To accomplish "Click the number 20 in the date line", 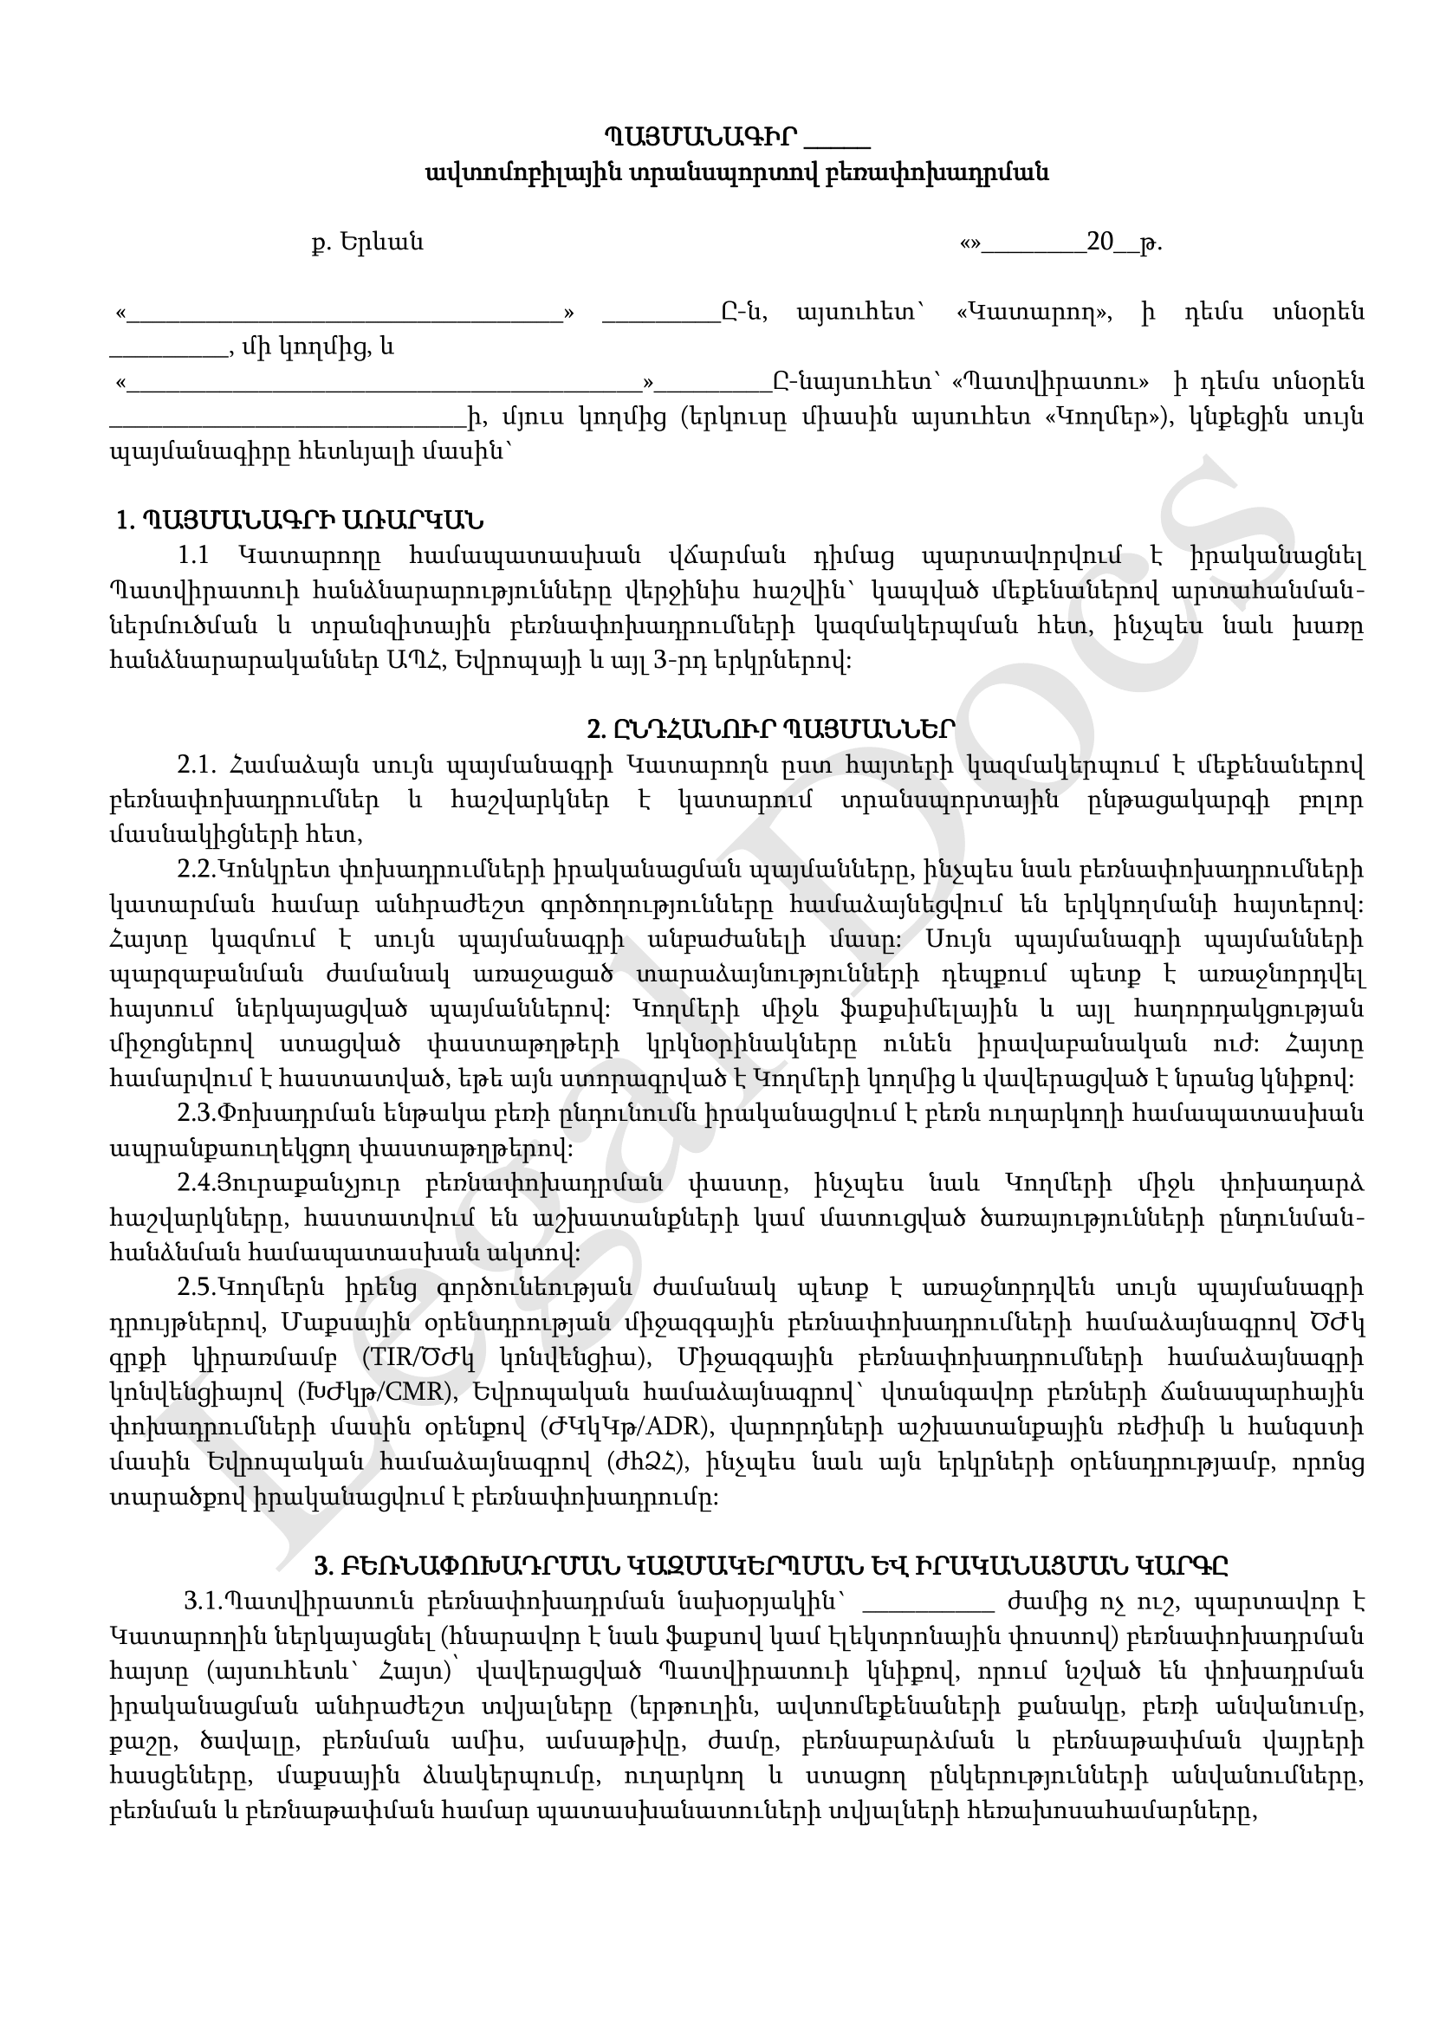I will [x=1101, y=242].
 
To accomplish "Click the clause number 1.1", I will [x=193, y=556].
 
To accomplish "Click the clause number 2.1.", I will [x=197, y=765].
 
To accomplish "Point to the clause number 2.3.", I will [x=196, y=1114].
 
